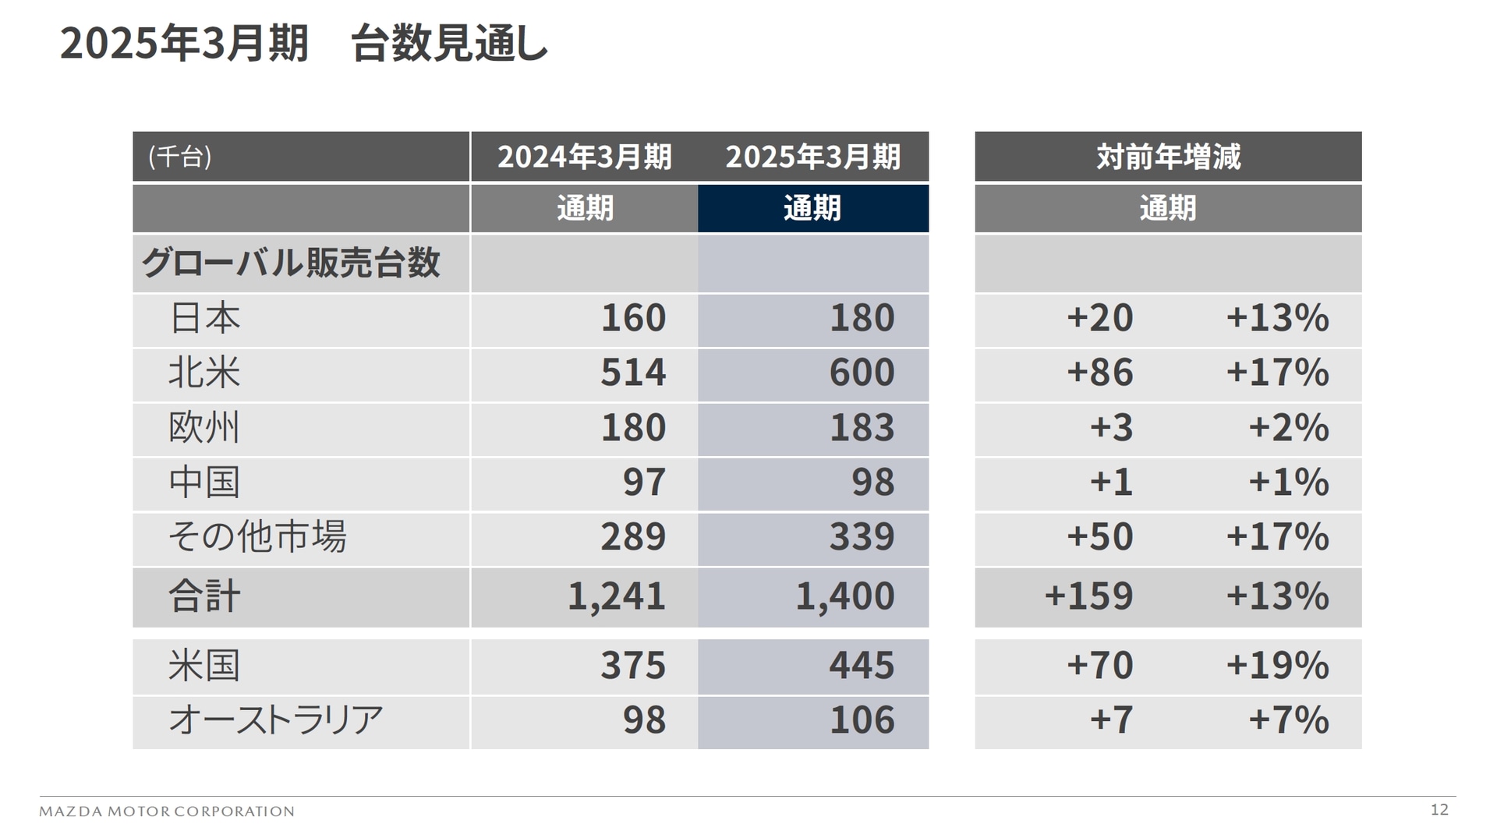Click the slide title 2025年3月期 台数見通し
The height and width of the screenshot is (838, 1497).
click(x=304, y=44)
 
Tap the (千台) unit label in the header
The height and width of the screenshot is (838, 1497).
click(x=180, y=157)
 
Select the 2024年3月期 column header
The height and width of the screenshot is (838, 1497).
click(x=584, y=157)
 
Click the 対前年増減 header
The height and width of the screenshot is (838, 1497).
click(x=1167, y=157)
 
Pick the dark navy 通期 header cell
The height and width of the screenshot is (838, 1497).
click(x=812, y=208)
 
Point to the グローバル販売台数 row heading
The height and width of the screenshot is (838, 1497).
click(x=290, y=263)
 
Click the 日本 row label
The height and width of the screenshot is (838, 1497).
click(x=204, y=318)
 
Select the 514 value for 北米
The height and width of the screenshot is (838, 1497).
click(x=633, y=373)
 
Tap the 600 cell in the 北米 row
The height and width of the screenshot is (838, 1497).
click(x=862, y=373)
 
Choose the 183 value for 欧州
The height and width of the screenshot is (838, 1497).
click(x=862, y=428)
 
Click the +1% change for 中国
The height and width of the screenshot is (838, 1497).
click(x=1288, y=483)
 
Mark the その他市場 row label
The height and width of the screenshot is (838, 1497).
click(x=257, y=537)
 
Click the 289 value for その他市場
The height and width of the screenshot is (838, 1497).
click(x=633, y=537)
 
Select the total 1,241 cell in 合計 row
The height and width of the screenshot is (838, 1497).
click(x=616, y=596)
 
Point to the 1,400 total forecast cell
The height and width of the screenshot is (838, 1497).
click(x=844, y=596)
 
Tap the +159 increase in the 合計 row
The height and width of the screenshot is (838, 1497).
click(x=1088, y=596)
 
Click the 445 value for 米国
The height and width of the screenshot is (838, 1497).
click(x=862, y=666)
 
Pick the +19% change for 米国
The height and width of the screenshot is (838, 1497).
click(x=1277, y=666)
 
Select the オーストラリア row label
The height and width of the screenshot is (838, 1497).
click(x=275, y=720)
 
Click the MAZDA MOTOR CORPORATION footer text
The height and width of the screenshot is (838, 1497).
click(x=167, y=811)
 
